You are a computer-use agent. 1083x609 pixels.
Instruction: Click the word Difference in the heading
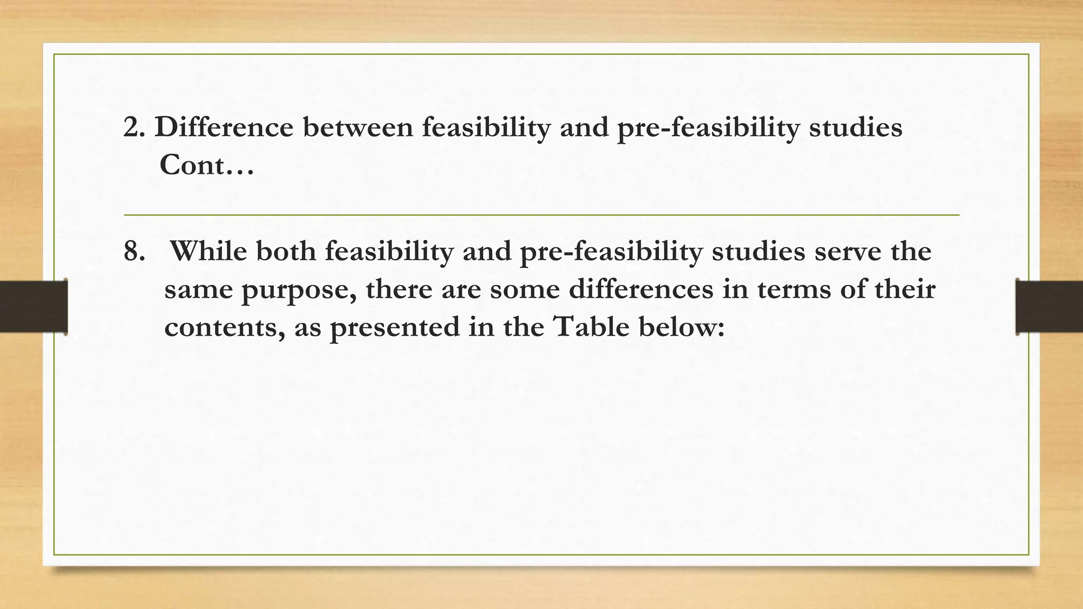coord(224,127)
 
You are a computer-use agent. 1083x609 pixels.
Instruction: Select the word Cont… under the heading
coord(207,165)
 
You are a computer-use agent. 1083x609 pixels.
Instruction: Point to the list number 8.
coord(134,251)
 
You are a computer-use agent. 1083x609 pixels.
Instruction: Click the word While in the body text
coord(208,251)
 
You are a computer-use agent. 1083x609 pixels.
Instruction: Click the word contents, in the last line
coord(224,327)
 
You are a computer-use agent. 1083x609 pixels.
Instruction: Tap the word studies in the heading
coord(855,127)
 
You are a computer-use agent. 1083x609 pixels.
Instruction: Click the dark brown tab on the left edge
coord(33,307)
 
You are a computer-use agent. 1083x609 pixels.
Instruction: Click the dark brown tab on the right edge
coord(1049,307)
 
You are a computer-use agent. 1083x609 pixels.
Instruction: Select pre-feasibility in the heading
coord(708,127)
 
